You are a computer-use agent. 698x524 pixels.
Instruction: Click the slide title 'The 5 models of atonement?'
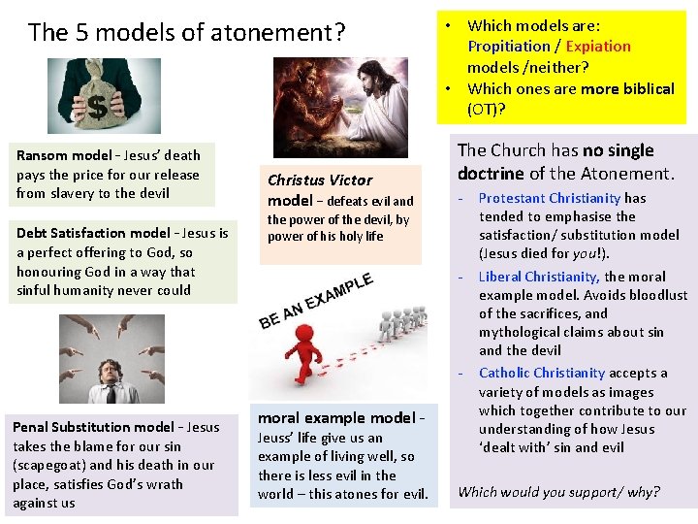coord(186,32)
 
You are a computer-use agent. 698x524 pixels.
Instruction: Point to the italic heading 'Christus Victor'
coord(320,180)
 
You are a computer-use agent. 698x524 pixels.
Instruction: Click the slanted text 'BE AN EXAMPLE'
coord(316,297)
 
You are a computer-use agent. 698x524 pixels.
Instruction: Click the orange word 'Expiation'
coord(598,47)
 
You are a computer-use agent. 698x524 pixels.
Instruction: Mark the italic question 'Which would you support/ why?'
coord(558,491)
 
